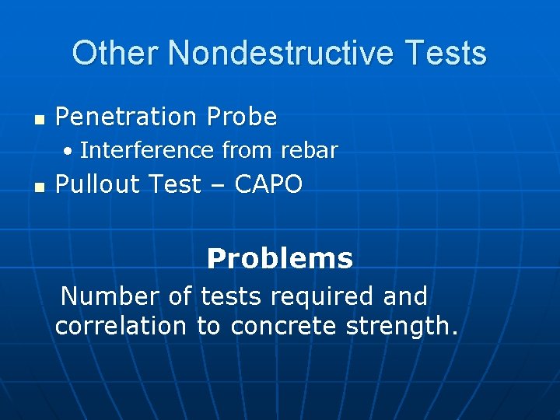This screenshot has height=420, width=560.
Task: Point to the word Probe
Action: tap(242, 117)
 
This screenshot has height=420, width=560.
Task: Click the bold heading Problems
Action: tap(280, 259)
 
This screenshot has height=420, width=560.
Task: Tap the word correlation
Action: tap(121, 327)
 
